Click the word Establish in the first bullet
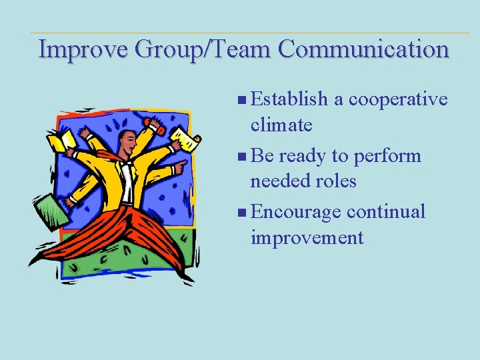pos(290,99)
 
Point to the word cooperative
pos(398,99)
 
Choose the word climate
pos(281,125)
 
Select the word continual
pos(386,212)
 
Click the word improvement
pos(307,237)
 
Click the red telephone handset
pos(155,125)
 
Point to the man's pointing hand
pos(179,166)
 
